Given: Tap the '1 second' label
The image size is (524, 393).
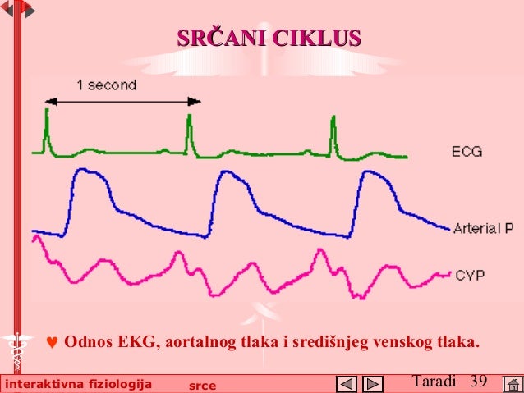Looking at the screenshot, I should (107, 84).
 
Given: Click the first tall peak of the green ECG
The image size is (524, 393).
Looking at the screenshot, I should (47, 113).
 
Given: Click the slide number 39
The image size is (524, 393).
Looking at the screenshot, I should (479, 381).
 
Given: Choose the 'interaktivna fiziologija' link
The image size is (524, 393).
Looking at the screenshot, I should (79, 384).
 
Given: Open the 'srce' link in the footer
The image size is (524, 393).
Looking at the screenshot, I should (202, 385).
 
